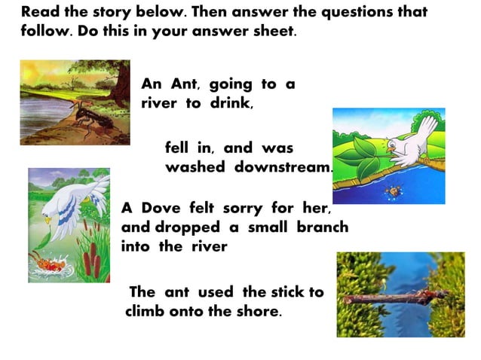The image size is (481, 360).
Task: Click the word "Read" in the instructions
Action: pyautogui.click(x=39, y=13)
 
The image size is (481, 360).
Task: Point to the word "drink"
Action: pyautogui.click(x=229, y=103)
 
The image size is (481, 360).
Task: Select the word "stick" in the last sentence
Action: pyautogui.click(x=289, y=291)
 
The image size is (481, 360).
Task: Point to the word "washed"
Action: pyautogui.click(x=195, y=167)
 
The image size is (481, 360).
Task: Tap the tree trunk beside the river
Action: pyautogui.click(x=121, y=83)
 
